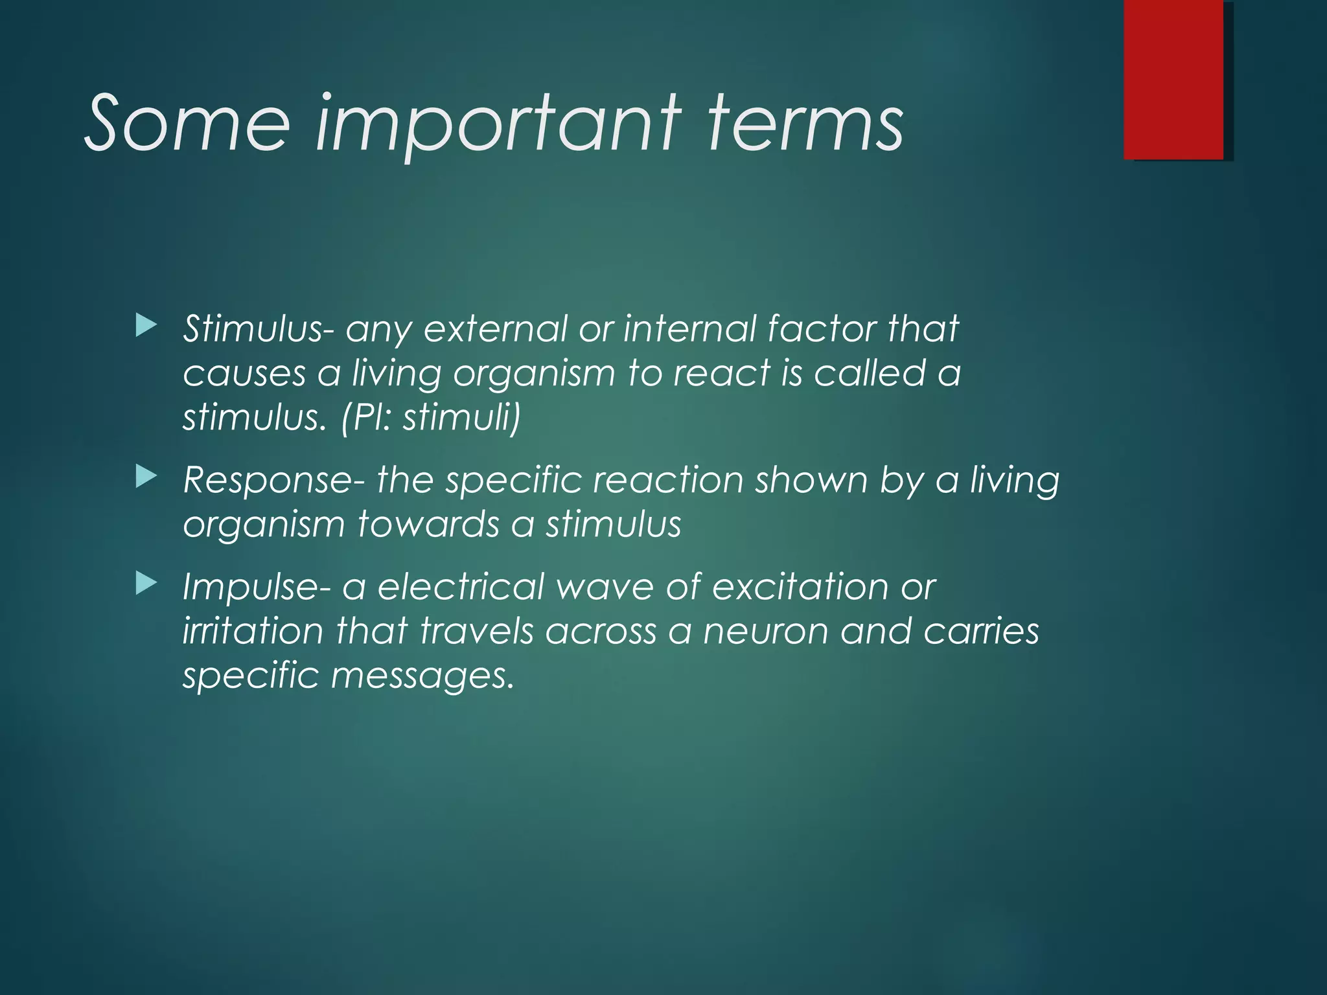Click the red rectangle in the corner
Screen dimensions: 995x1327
1173,79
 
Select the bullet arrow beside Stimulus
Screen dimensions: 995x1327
146,326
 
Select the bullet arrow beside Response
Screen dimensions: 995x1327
146,478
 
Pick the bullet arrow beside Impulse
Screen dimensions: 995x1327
146,584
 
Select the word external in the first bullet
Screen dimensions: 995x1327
495,328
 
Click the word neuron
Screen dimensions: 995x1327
766,631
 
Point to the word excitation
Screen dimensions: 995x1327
800,587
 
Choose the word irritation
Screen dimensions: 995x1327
253,631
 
